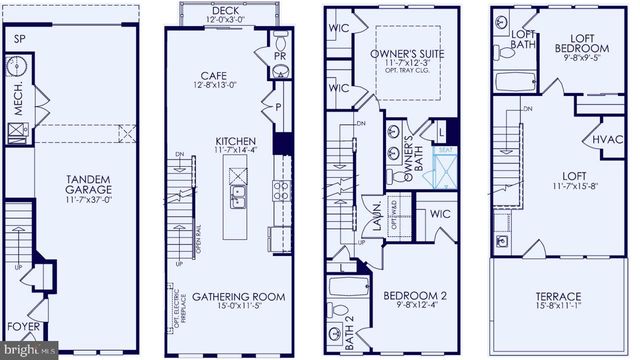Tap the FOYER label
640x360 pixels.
point(24,326)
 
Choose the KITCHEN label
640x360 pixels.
point(234,142)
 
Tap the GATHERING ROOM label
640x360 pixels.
point(238,297)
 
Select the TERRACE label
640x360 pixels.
point(557,297)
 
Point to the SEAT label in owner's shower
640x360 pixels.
point(444,150)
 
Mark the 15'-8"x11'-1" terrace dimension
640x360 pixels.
point(557,309)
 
